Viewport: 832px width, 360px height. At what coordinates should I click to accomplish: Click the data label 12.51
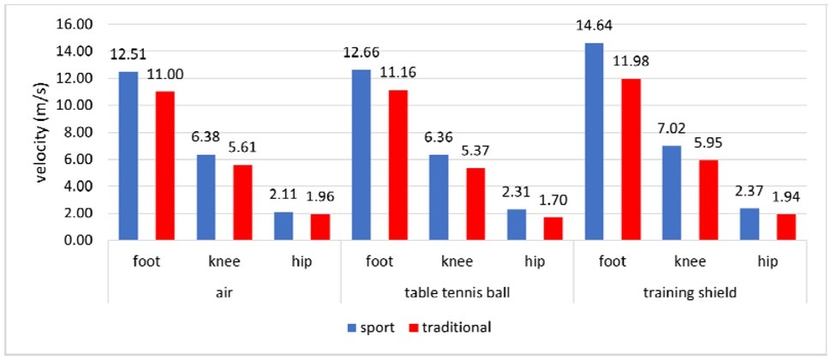click(x=127, y=55)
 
